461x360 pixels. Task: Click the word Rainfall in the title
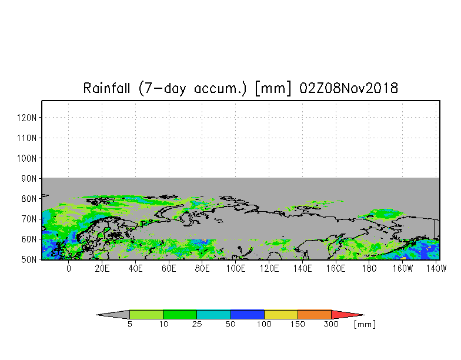pos(106,88)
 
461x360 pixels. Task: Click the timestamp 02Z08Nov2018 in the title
pos(348,88)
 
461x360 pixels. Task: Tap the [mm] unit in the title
pos(273,88)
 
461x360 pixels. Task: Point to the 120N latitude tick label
pos(27,118)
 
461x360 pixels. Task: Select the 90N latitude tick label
pos(29,179)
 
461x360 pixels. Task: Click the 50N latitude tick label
pos(29,260)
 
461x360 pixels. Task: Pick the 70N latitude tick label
pos(29,219)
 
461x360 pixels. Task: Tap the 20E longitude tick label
pos(102,268)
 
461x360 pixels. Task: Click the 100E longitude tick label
pos(235,268)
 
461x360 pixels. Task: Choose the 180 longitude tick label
pos(369,268)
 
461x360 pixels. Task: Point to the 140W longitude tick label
pos(436,268)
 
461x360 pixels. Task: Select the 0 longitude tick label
pos(68,268)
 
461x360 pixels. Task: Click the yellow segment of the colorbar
pos(281,314)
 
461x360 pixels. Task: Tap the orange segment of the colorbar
pos(314,314)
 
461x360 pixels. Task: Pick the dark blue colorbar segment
pos(247,314)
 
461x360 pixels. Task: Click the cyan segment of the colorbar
pos(213,314)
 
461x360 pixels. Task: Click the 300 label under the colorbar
pos(331,324)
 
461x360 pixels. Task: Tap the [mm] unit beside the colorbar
pos(365,325)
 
